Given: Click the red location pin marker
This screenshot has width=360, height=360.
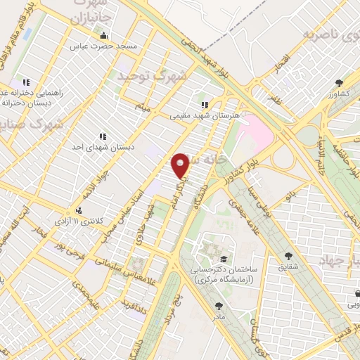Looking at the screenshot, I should pos(181,165).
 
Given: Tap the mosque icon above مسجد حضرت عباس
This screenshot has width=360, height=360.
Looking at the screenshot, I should pos(104,35).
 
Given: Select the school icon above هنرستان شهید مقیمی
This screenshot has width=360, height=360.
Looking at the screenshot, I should pos(205,104).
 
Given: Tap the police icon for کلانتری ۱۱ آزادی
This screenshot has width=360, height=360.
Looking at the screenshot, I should pos(78,210).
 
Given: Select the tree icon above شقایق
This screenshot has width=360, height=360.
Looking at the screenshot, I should pos(288,256).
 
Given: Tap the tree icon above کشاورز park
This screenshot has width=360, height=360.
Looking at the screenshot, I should pos(338,82).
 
